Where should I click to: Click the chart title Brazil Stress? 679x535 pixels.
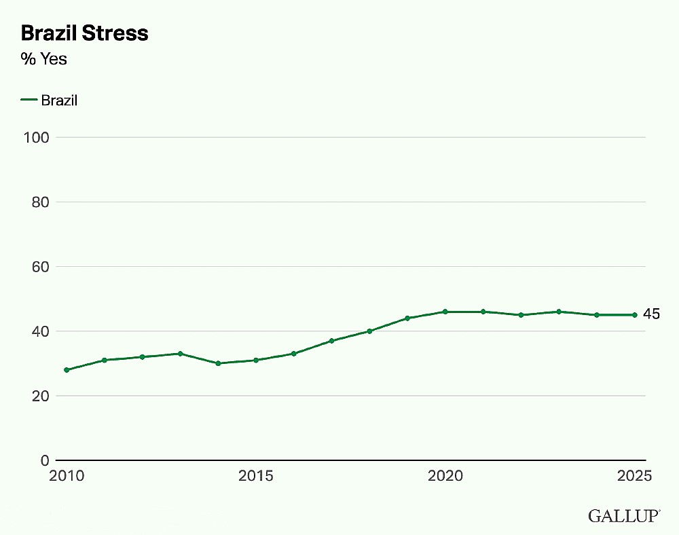[84, 33]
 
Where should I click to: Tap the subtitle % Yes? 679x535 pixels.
[43, 59]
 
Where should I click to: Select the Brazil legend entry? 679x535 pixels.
[49, 100]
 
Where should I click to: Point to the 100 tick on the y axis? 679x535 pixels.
[37, 138]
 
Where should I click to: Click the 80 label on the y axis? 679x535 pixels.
[40, 202]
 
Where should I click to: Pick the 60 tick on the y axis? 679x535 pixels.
[40, 267]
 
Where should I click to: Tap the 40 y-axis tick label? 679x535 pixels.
[40, 331]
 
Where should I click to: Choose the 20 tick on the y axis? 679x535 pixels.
[40, 396]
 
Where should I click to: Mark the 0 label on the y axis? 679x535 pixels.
[45, 460]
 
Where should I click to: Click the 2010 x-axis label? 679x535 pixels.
[67, 476]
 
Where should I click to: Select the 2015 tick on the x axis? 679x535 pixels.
[256, 476]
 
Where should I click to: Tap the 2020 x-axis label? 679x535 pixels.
[445, 476]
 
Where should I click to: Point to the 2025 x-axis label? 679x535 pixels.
[634, 476]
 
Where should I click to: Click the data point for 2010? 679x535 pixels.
[67, 370]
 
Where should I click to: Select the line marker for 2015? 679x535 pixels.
[256, 360]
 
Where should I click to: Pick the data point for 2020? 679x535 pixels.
[445, 312]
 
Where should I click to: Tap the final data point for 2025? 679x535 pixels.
[635, 315]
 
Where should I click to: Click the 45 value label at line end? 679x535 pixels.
[651, 314]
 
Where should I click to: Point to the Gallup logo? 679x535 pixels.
[624, 516]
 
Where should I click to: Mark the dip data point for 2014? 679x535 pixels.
[218, 364]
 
